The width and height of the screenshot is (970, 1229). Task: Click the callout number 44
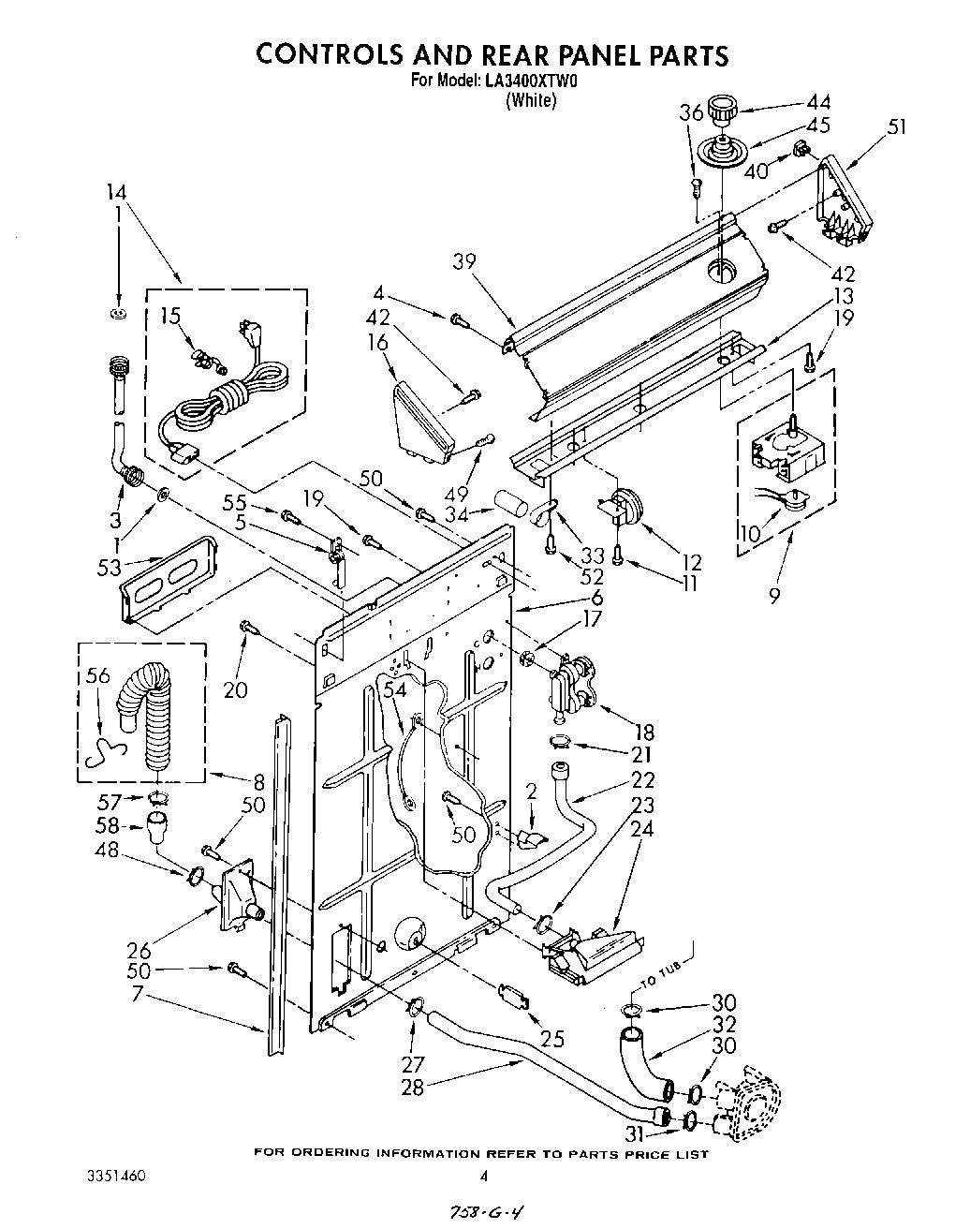tap(818, 103)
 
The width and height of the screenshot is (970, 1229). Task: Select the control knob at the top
tap(723, 110)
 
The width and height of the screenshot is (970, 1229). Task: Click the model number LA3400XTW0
tap(530, 81)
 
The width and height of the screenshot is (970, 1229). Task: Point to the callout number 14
tap(117, 193)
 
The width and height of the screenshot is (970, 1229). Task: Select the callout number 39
tap(463, 261)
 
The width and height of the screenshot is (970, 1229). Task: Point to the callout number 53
tap(109, 566)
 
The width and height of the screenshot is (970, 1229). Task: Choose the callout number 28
tap(414, 1086)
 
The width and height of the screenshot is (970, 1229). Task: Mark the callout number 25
tap(552, 1038)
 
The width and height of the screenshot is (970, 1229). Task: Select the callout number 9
tap(773, 593)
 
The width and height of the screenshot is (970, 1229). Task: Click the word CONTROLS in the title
tap(332, 54)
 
